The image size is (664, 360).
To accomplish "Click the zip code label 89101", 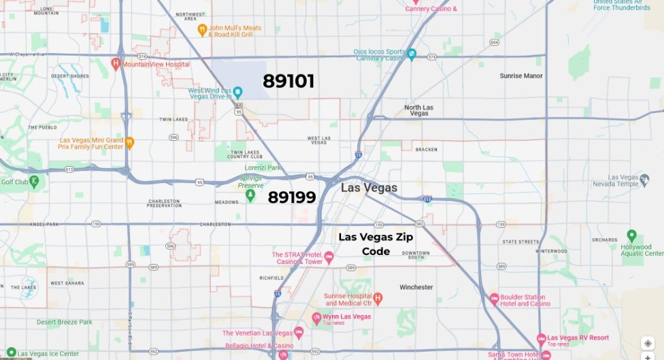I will (289, 81).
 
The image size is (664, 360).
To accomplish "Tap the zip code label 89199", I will (292, 197).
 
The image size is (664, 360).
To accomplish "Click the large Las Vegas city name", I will (369, 187).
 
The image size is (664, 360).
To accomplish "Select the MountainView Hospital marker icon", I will (115, 64).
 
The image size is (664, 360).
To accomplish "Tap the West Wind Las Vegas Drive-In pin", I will (238, 93).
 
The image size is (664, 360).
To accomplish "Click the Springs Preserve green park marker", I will (250, 195).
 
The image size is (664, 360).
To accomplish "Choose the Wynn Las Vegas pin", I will (317, 318).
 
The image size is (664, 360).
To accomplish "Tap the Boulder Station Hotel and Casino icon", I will (494, 299).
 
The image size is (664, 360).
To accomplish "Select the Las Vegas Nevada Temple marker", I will (645, 180).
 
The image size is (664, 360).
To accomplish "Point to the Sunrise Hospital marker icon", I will (378, 299).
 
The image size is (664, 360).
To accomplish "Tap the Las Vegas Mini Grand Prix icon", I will (130, 143).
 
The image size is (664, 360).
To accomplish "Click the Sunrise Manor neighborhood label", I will (521, 76).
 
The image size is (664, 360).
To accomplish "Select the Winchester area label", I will (416, 287).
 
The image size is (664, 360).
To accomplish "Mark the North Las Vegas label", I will (418, 110).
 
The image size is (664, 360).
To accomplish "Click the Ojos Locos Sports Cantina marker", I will (412, 54).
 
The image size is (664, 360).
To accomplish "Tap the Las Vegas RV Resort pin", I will (541, 339).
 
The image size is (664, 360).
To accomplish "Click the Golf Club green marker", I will (35, 182).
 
